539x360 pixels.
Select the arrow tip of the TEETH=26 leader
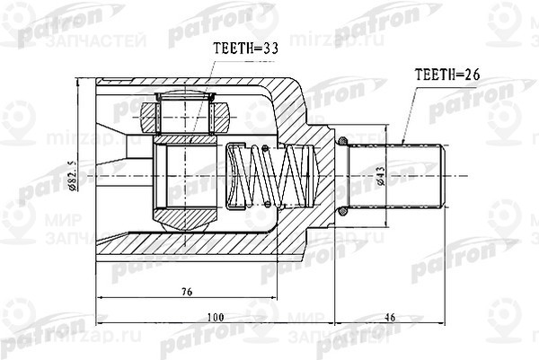pos(405,144)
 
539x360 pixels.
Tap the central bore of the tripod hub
pos(187,176)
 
